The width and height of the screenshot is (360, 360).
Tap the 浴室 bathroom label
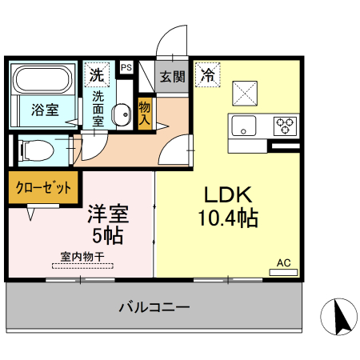[44, 110]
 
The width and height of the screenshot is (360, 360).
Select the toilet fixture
[35, 149]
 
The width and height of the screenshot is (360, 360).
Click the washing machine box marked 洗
[97, 76]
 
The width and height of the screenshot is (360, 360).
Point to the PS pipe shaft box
[126, 68]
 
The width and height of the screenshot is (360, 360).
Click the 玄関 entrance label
[171, 77]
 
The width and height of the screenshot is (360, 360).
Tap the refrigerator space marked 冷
[206, 76]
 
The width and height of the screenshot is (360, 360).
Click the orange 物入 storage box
[146, 110]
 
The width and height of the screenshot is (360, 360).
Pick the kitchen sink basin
[243, 126]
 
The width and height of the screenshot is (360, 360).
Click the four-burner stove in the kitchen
[284, 125]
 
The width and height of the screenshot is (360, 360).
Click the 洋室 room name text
[109, 215]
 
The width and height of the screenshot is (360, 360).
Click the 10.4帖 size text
[227, 218]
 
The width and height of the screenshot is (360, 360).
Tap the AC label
[283, 262]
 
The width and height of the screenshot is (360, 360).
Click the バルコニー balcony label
[154, 306]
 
